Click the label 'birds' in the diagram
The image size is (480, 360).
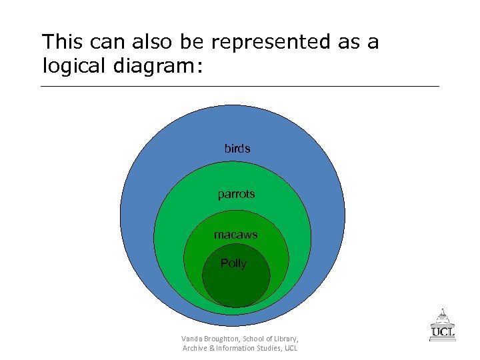tap(237, 149)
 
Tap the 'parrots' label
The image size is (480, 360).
tap(236, 195)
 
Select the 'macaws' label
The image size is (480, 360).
tap(235, 235)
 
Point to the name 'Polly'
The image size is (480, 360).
tap(233, 263)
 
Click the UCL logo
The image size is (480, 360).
tap(443, 325)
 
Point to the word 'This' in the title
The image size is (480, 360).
tap(61, 42)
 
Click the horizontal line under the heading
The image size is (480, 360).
tap(240, 87)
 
